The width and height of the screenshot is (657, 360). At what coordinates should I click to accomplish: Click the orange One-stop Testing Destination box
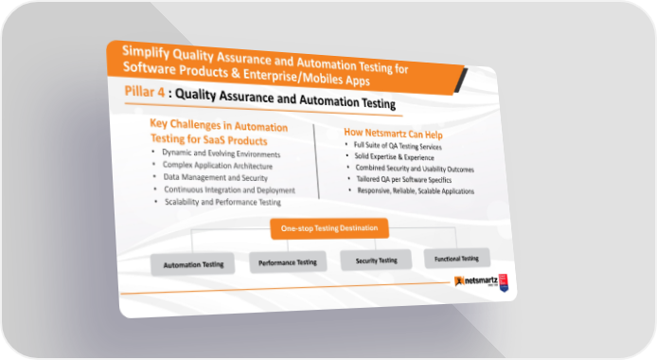click(329, 228)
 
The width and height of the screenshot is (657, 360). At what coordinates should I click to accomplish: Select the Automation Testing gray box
click(193, 264)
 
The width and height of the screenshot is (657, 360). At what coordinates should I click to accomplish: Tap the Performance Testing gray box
click(288, 262)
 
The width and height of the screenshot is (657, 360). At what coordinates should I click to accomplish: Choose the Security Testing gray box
click(376, 261)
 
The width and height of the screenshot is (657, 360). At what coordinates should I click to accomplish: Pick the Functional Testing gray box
click(456, 259)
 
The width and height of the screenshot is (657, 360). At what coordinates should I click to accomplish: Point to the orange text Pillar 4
click(145, 91)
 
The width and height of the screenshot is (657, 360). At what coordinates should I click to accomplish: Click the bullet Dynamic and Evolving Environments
click(222, 153)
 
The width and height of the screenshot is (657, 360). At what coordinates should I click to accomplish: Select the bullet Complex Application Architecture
click(218, 166)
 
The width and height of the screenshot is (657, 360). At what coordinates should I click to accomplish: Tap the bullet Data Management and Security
click(215, 178)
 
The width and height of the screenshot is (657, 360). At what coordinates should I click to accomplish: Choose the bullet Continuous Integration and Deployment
click(230, 189)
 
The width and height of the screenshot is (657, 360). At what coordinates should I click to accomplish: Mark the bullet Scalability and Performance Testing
click(222, 202)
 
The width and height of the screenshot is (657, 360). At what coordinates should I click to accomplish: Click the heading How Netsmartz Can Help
click(393, 134)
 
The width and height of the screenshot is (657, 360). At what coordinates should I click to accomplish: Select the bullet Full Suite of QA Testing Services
click(398, 146)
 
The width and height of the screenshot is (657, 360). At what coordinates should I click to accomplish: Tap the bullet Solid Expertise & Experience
click(394, 157)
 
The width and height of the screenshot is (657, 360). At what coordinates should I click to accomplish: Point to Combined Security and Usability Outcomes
click(415, 169)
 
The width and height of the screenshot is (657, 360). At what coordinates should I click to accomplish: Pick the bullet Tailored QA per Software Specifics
click(404, 179)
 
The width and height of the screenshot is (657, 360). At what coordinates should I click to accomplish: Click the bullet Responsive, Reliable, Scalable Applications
click(416, 190)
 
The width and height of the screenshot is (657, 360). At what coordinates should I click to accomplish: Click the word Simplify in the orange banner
click(146, 52)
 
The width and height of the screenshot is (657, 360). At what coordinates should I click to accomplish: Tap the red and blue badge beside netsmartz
click(504, 282)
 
